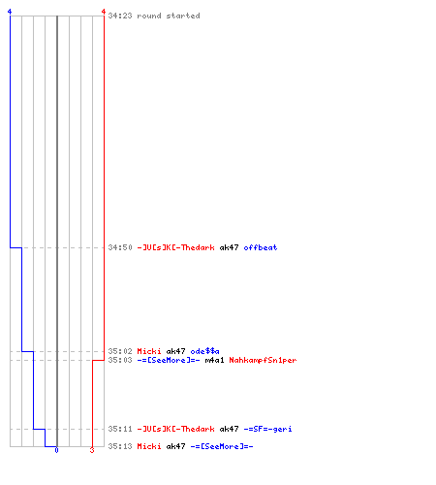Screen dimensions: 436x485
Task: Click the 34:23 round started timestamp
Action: pyautogui.click(x=120, y=16)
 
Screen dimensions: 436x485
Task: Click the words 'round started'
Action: pyautogui.click(x=169, y=16)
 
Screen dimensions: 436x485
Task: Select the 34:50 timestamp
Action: pyautogui.click(x=120, y=247)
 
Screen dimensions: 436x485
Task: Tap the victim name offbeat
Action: pyautogui.click(x=261, y=247)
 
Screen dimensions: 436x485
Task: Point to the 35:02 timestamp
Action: pyautogui.click(x=120, y=351)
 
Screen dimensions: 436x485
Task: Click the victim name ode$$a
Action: pyautogui.click(x=204, y=351)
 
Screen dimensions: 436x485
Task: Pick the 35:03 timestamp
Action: pyautogui.click(x=120, y=360)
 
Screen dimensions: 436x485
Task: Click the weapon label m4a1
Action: pyautogui.click(x=214, y=360)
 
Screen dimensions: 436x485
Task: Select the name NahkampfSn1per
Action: pyautogui.click(x=263, y=360)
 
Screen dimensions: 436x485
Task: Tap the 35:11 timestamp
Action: pyautogui.click(x=120, y=429)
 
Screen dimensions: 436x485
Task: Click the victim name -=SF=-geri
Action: pyautogui.click(x=267, y=429)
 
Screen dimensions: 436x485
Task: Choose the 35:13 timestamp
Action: pyautogui.click(x=120, y=446)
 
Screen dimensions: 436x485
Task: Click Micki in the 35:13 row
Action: pyautogui.click(x=149, y=446)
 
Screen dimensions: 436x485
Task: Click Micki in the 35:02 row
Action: pyautogui.click(x=149, y=351)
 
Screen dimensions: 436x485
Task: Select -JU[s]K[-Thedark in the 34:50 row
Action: pyautogui.click(x=175, y=247)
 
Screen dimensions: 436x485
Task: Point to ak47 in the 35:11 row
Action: pyautogui.click(x=229, y=429)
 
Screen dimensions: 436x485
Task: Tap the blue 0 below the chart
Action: pyautogui.click(x=56, y=450)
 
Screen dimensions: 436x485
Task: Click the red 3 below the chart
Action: pyautogui.click(x=92, y=450)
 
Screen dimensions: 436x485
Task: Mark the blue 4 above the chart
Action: pyautogui.click(x=10, y=12)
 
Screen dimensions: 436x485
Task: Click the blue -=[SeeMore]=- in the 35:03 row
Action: pyautogui.click(x=169, y=360)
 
